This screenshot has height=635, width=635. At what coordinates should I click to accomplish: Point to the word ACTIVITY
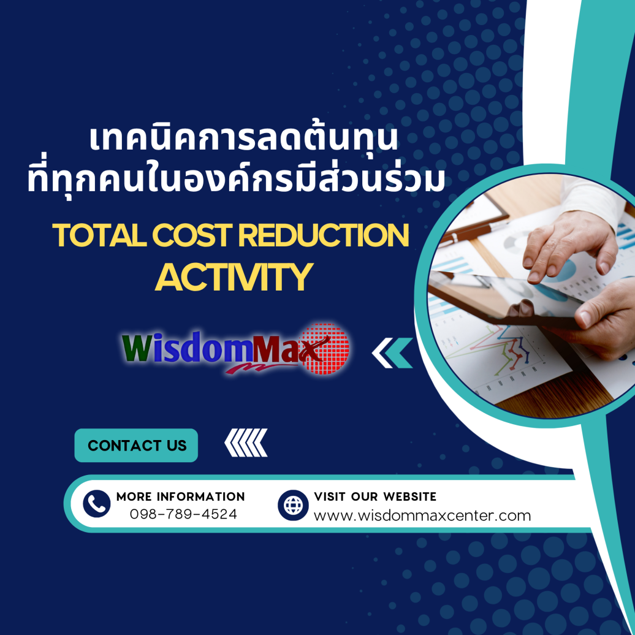[x=234, y=276]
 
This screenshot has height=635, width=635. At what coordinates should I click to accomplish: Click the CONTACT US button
[x=137, y=445]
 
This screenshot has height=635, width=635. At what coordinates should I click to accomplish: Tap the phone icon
[x=96, y=504]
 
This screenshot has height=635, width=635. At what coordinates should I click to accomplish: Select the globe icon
[x=294, y=504]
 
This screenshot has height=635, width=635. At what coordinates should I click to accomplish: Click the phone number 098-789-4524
[x=183, y=514]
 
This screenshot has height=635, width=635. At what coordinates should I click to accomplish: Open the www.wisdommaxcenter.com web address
[x=422, y=515]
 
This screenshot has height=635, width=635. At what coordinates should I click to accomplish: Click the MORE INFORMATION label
[x=180, y=496]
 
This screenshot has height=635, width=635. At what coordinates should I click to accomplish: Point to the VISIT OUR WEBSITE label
[x=375, y=496]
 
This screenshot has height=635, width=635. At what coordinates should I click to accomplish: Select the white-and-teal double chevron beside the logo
[x=392, y=354]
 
